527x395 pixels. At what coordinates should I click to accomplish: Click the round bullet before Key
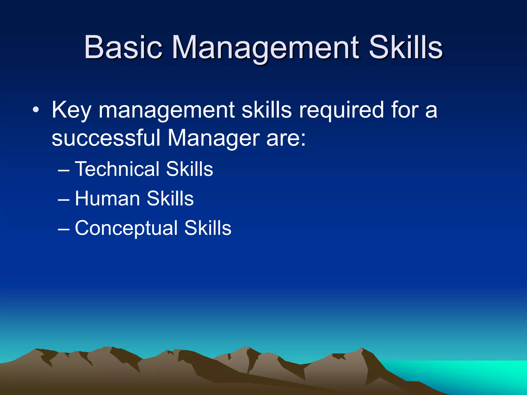36,110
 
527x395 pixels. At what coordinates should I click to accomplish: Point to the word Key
71,111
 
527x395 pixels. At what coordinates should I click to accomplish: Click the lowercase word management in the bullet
166,111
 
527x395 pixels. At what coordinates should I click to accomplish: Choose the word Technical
117,169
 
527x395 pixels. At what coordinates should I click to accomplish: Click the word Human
107,199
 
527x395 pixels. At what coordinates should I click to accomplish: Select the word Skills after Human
170,199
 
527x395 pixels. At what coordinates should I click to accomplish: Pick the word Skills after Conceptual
208,228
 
